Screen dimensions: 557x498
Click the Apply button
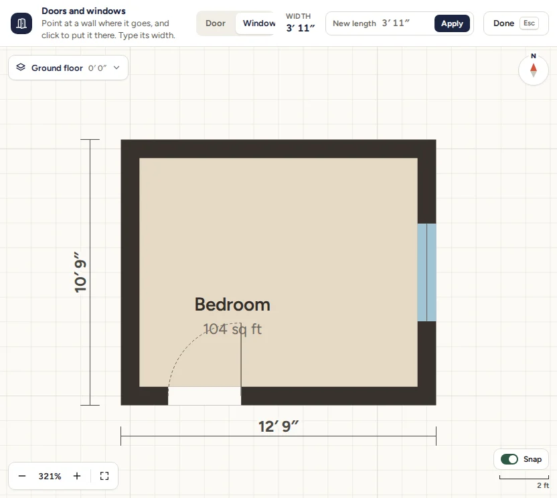452,23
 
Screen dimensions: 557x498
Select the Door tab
216,23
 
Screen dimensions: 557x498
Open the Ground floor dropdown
68,68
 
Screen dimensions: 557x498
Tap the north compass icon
533,70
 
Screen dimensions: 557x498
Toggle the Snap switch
509,459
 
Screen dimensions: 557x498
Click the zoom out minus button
22,476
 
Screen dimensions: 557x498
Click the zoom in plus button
77,476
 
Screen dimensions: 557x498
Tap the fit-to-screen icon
104,476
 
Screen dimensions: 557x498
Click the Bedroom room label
232,305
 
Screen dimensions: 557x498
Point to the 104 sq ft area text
232,329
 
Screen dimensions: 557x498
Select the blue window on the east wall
426,272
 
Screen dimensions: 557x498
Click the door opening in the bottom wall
204,396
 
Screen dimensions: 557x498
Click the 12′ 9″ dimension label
278,426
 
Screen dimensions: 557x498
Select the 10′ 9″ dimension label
80,272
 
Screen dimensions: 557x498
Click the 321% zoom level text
50,476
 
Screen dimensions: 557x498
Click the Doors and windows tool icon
21,23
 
